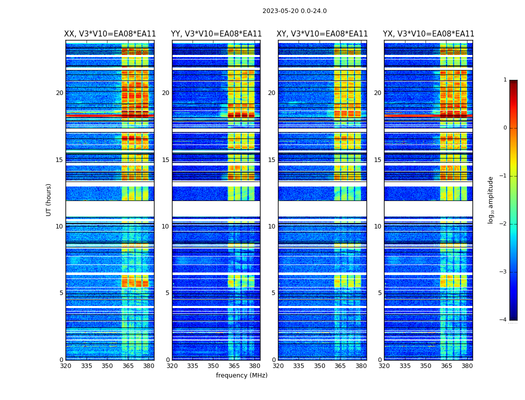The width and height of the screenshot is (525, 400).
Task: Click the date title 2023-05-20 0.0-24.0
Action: coord(294,11)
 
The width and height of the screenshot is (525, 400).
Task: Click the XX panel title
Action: coord(110,34)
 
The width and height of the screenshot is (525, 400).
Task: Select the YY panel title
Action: coord(216,34)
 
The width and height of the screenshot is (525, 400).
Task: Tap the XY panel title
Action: coord(322,34)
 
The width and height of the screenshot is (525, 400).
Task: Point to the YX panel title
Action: coord(428,34)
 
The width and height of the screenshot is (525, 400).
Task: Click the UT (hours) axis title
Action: coord(49,199)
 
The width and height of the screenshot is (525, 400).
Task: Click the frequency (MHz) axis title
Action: coord(241,375)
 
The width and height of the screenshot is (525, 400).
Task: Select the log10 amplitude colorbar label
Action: coord(491,199)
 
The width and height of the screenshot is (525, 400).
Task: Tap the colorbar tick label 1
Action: coord(505,80)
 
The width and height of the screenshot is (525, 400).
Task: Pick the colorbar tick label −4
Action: coord(504,320)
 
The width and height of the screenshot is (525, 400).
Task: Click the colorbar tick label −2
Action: coord(504,224)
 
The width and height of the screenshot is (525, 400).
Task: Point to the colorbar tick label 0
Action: coord(505,128)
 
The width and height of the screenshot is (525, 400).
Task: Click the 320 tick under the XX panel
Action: coord(65,366)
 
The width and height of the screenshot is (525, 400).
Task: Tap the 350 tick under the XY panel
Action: coord(319,366)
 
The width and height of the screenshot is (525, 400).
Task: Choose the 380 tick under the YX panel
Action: coord(467,366)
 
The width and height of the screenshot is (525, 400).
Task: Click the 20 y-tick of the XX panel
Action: coord(59,93)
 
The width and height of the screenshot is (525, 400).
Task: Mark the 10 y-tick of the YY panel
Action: coord(165,226)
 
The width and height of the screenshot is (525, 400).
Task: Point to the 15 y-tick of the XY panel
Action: coord(271,160)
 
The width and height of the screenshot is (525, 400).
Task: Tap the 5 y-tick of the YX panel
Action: coord(379,293)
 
